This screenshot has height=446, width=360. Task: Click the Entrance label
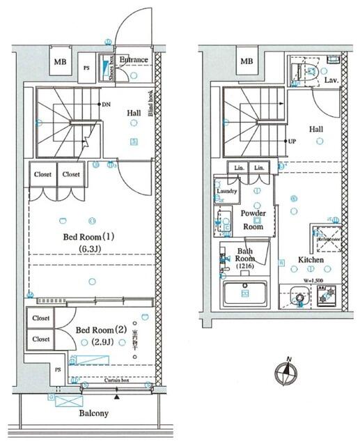(x=133, y=60)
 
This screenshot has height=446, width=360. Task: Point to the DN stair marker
(x=107, y=105)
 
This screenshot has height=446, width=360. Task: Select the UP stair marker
(x=294, y=141)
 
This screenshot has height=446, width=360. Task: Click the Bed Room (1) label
(x=88, y=236)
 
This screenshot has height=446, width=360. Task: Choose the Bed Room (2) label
(x=100, y=329)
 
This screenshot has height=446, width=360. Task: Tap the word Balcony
(x=93, y=413)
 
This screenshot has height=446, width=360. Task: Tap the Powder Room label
(x=252, y=220)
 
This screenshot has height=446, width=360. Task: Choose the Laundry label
(x=227, y=191)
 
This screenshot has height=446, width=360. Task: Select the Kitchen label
(x=311, y=260)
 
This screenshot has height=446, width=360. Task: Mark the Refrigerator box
(x=325, y=239)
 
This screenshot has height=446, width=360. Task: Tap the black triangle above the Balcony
(x=117, y=397)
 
